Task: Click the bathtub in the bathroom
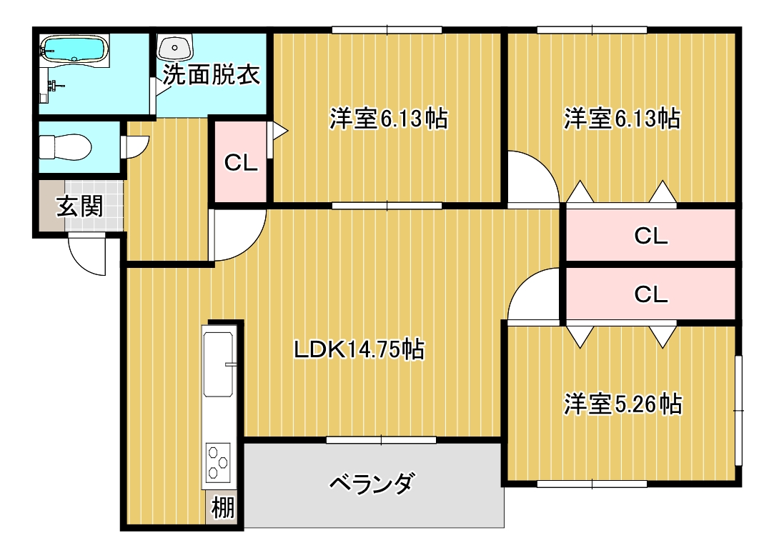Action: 74,49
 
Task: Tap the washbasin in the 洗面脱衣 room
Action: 175,48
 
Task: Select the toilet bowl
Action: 65,147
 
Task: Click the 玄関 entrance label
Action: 79,206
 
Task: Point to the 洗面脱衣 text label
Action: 211,74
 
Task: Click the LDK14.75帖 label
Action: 359,349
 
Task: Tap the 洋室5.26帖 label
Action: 623,404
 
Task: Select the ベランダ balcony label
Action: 372,483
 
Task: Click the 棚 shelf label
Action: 222,508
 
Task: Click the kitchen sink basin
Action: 218,364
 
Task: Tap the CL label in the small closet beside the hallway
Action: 241,162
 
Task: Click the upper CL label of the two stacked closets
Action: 651,236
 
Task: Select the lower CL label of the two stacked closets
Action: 651,294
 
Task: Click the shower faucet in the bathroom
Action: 54,86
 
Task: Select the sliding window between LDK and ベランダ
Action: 382,439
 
